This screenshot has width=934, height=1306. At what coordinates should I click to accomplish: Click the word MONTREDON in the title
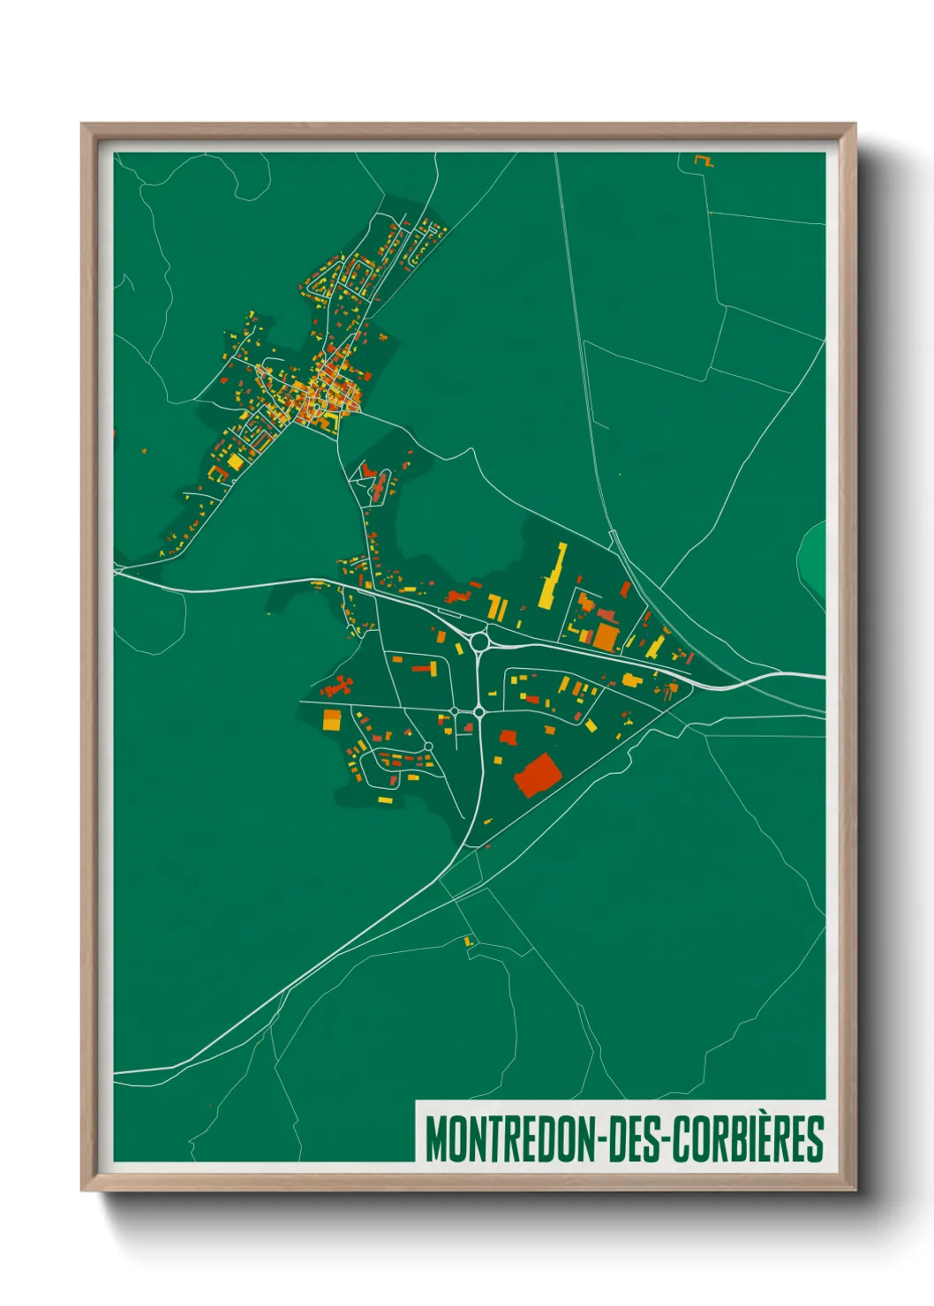click(510, 1139)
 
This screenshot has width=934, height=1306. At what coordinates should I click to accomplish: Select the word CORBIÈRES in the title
click(749, 1139)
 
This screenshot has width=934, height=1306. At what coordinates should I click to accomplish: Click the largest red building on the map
click(538, 775)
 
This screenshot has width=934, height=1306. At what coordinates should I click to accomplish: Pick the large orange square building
click(606, 636)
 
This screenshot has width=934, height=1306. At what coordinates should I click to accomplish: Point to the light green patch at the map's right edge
click(814, 558)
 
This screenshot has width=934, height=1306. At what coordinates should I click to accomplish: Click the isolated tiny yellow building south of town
click(469, 942)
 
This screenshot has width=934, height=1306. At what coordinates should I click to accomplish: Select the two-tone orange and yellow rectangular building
click(331, 720)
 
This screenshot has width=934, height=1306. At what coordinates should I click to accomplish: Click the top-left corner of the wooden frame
click(83, 125)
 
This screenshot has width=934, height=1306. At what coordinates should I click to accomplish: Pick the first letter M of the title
click(434, 1139)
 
